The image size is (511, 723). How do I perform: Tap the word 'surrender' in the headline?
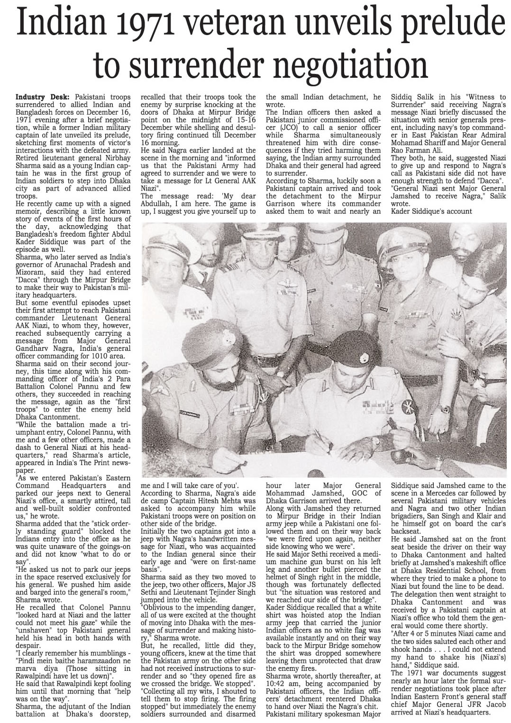pos(199,64)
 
